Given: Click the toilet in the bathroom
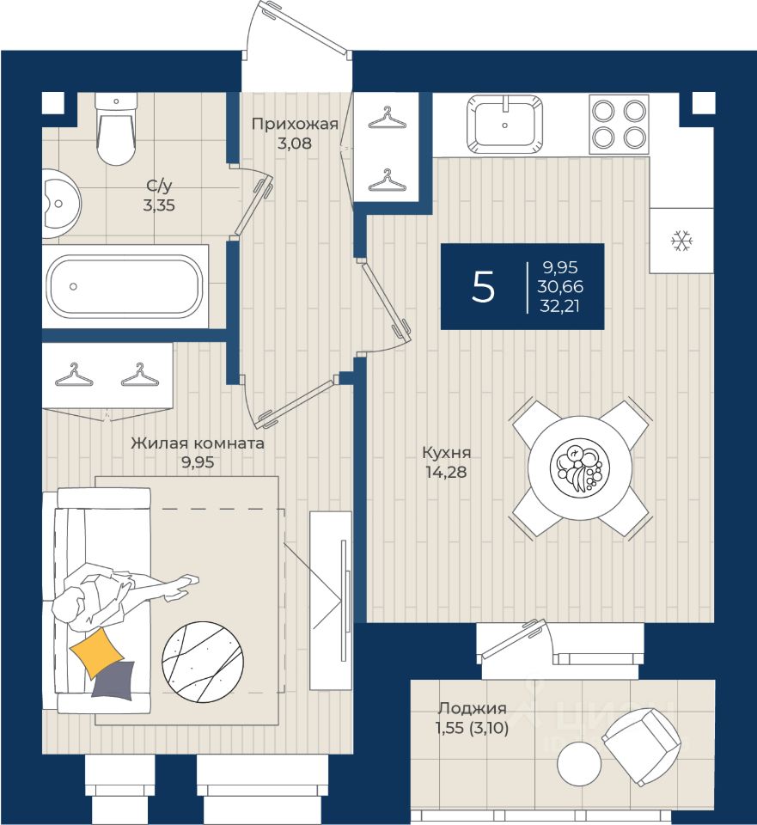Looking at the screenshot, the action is (x=116, y=130).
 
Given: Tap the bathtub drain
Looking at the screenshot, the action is (x=73, y=287).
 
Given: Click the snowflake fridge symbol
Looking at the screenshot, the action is (x=681, y=241).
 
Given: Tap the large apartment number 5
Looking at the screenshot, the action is (x=483, y=287).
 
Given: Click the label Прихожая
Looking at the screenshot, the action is (x=295, y=125).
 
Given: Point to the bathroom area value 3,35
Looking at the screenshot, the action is (x=159, y=205).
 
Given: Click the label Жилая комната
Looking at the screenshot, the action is (x=198, y=443).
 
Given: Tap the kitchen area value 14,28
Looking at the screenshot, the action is (x=446, y=472).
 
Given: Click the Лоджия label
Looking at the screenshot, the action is (x=473, y=709).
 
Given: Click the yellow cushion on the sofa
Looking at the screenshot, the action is (x=98, y=652).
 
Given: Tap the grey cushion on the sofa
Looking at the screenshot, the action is (x=114, y=681).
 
